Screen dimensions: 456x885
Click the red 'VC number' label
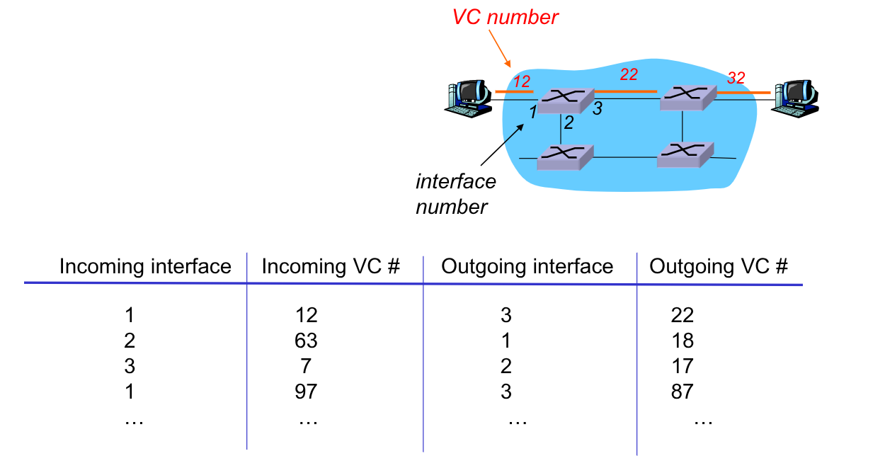[x=506, y=16]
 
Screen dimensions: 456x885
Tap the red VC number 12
[x=522, y=81]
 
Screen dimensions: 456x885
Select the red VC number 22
[x=628, y=74]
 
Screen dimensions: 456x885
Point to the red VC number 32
[x=736, y=78]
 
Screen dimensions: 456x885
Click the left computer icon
[x=468, y=98]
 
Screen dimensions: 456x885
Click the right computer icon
[x=796, y=97]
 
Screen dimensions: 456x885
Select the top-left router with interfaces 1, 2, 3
[x=564, y=101]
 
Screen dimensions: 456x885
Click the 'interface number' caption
[x=456, y=194]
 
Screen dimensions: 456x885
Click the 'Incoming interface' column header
[x=145, y=266]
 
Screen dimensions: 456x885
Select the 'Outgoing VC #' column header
[x=719, y=266]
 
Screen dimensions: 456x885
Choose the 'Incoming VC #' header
[x=331, y=266]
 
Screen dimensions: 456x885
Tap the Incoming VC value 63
[x=306, y=341]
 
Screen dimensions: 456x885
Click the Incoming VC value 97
[x=306, y=391]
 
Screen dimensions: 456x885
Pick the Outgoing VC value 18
[x=683, y=341]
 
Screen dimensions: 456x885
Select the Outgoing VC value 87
[x=683, y=391]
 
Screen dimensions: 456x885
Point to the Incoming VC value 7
[x=306, y=366]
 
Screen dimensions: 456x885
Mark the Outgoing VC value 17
[x=683, y=366]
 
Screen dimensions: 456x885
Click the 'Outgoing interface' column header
[x=527, y=266]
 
